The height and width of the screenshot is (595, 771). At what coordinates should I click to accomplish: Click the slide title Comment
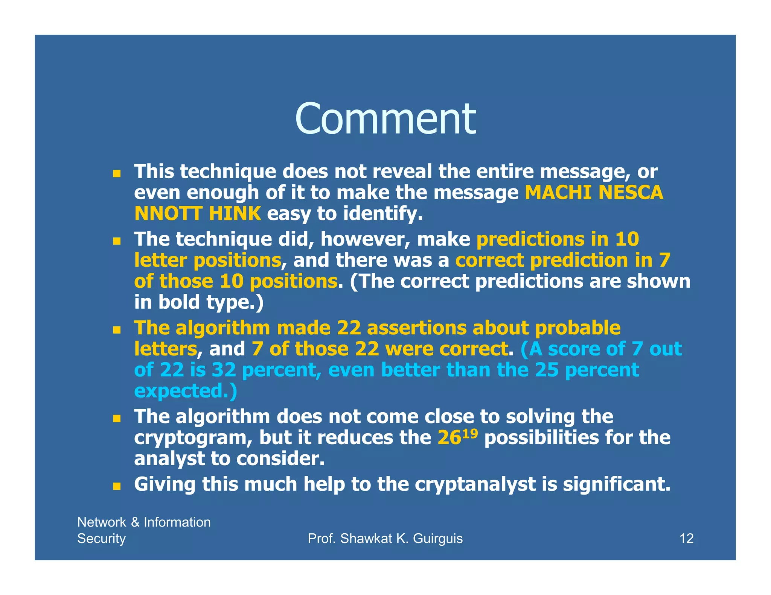[385, 119]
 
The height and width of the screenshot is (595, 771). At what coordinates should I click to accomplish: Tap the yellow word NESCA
[631, 193]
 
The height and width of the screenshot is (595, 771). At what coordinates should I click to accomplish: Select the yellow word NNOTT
[168, 214]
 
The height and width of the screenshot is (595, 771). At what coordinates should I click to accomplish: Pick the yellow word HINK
[235, 214]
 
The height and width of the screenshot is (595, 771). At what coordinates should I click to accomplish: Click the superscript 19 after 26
[470, 433]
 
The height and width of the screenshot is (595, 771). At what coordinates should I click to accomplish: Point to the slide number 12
[686, 539]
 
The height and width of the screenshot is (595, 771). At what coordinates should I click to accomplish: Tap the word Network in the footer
[102, 522]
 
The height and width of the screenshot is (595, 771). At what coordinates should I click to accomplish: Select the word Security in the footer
[101, 539]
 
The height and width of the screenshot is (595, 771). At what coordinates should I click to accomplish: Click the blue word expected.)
[186, 391]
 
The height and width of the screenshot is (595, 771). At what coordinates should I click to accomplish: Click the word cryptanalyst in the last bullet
[475, 484]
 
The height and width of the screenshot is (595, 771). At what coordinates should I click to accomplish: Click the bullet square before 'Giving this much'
[117, 486]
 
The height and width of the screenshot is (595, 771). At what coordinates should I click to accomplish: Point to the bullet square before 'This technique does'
[117, 174]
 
